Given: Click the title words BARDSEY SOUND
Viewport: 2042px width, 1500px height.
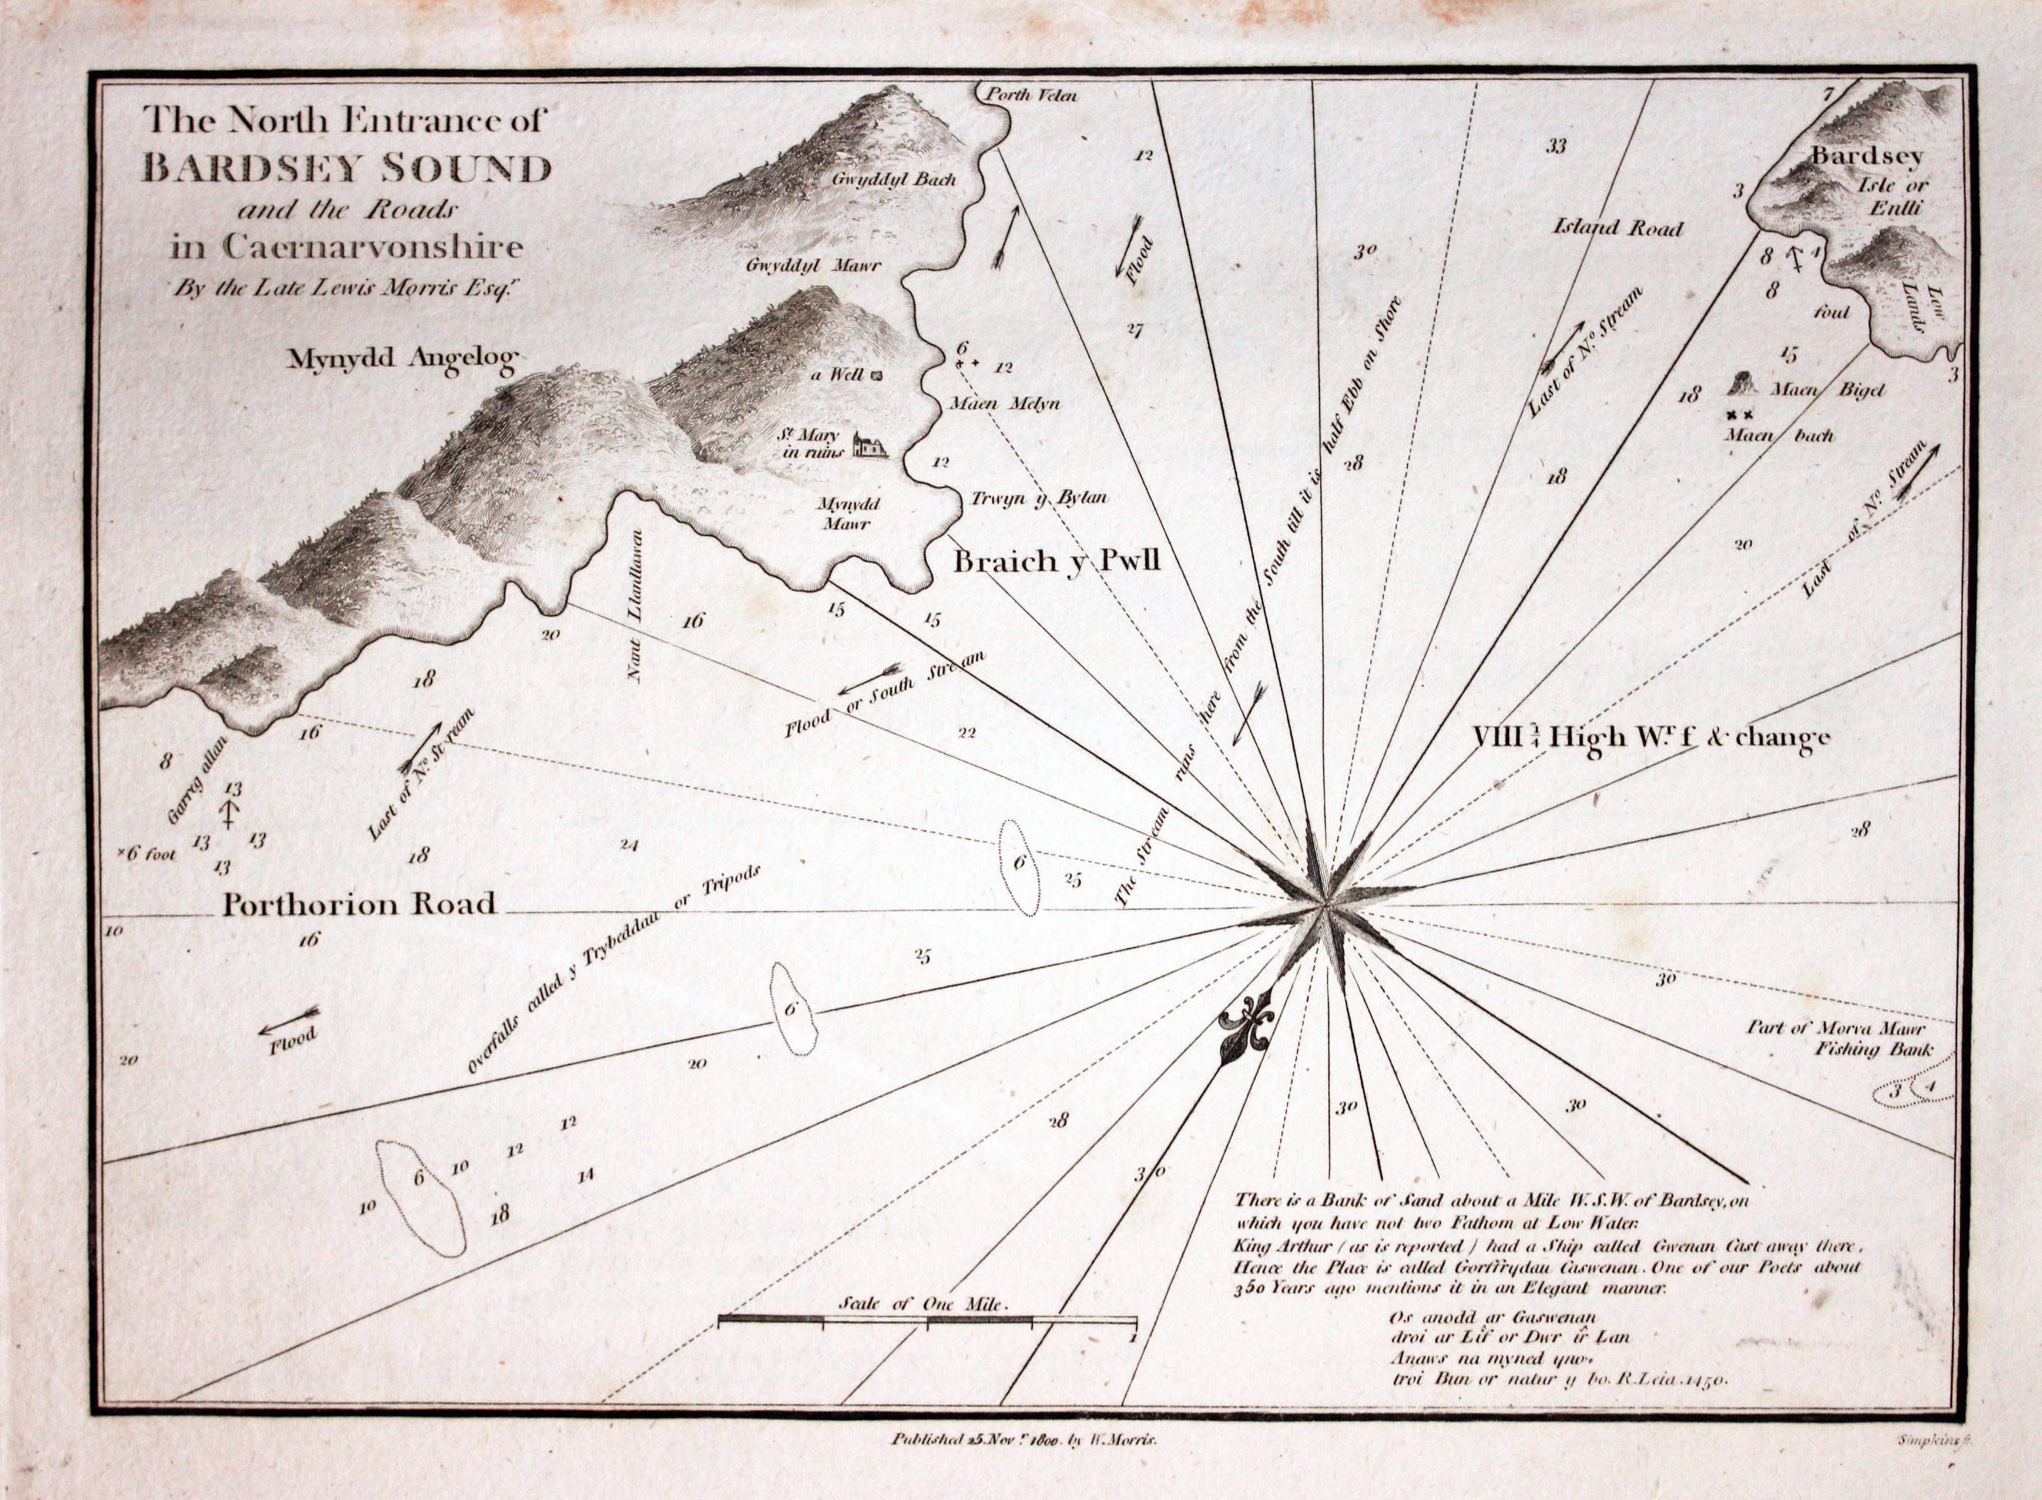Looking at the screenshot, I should [x=347, y=169].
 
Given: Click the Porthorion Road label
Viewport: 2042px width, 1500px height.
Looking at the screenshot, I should [x=360, y=904].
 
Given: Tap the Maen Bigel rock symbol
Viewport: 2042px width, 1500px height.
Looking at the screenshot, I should [x=1741, y=384].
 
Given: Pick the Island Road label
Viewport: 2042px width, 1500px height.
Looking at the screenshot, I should [x=1618, y=228].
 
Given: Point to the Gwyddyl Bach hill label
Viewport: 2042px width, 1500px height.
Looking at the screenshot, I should [x=894, y=180].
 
